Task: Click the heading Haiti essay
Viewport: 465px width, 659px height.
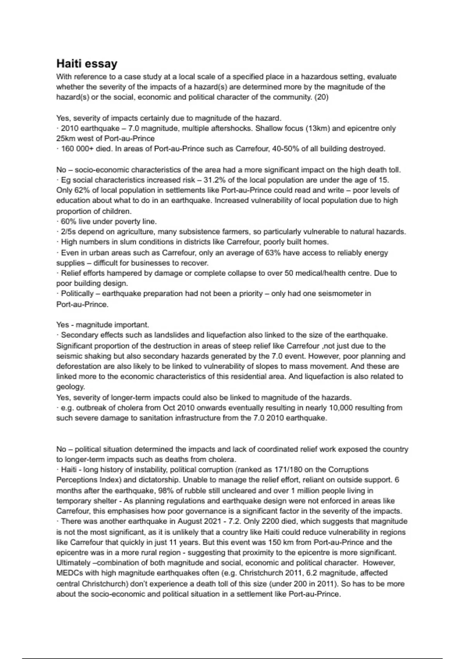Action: (87, 64)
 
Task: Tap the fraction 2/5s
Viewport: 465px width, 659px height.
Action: (68, 232)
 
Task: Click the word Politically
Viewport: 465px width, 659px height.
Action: (77, 293)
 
